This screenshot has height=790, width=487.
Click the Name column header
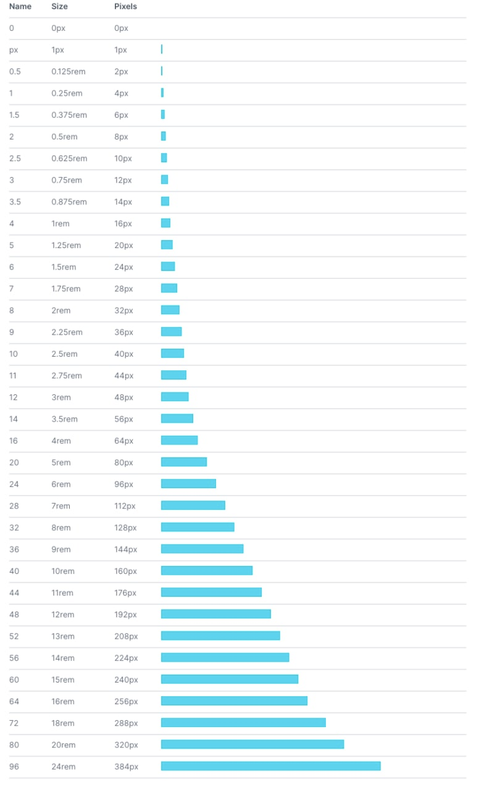click(20, 6)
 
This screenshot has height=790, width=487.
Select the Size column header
click(59, 6)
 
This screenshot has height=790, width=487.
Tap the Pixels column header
click(125, 6)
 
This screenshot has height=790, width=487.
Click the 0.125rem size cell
click(68, 72)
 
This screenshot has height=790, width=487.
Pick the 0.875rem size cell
click(69, 202)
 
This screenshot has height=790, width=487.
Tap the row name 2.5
click(15, 159)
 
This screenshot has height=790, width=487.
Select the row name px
click(14, 50)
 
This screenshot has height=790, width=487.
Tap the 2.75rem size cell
click(66, 376)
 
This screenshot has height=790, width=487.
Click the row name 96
click(14, 767)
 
